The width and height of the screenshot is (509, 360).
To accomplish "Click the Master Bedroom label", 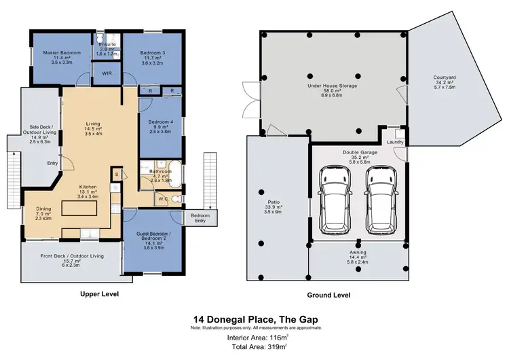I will [62, 52].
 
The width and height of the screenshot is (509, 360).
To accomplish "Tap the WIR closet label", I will [107, 73].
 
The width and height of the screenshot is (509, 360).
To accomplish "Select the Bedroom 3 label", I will [152, 52].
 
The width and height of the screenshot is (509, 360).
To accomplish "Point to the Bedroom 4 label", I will [161, 122].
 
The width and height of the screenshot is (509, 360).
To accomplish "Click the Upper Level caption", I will [100, 294].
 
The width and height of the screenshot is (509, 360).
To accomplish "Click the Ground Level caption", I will [328, 294].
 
